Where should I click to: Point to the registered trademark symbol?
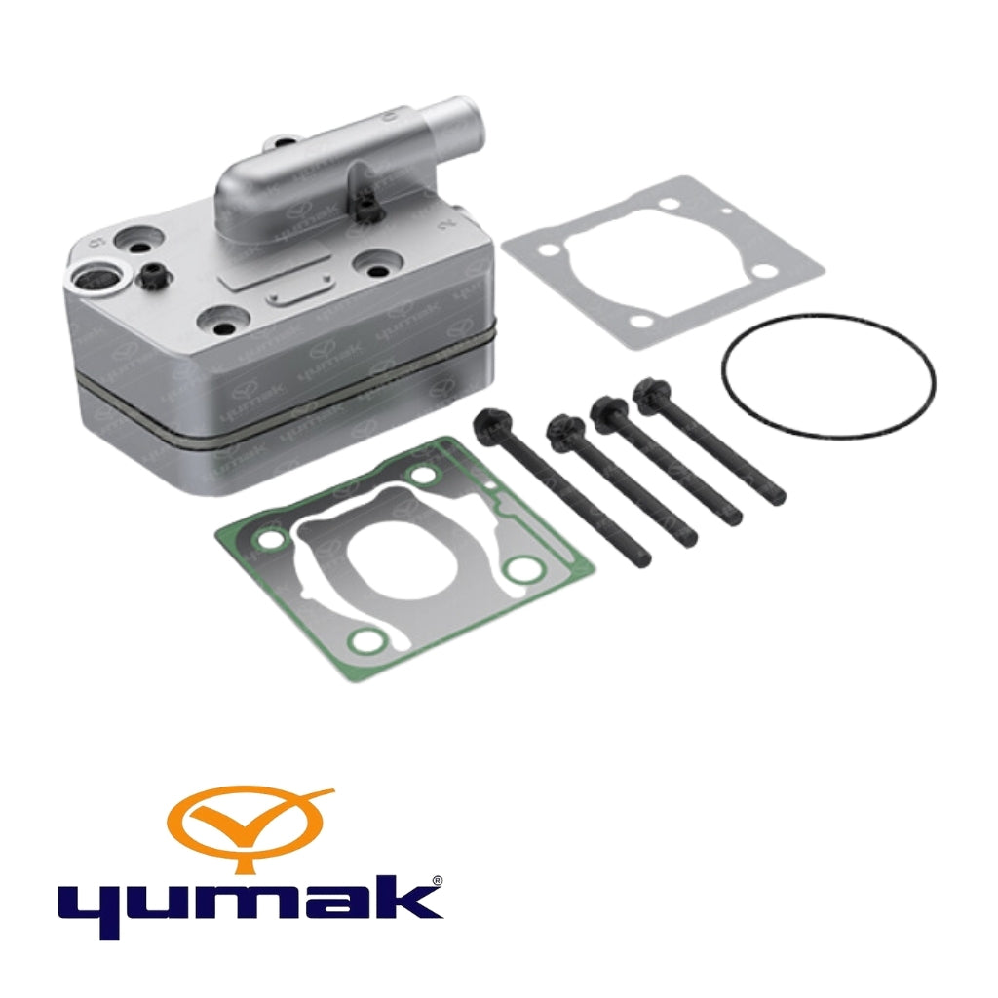(x=438, y=881)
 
